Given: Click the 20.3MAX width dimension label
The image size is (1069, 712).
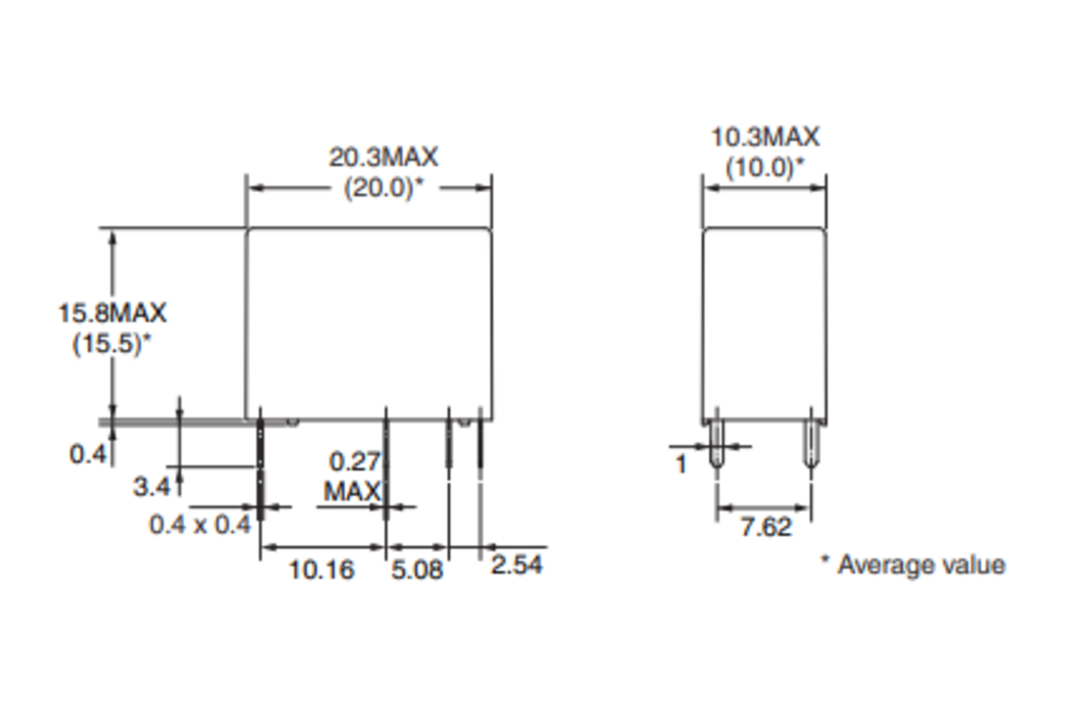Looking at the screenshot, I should (383, 157).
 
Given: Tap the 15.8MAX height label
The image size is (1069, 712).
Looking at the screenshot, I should (112, 313).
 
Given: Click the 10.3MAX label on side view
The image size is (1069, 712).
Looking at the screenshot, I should (765, 137).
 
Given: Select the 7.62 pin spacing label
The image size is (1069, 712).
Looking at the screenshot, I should (766, 527).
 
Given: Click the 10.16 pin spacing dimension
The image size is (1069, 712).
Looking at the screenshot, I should (322, 569).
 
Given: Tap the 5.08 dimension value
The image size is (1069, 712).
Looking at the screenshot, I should (417, 569).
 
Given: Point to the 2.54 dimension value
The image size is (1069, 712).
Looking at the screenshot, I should (516, 565).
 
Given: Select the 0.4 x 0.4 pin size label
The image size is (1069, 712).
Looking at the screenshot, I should (200, 524).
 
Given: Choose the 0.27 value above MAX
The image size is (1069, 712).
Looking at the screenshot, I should (354, 461).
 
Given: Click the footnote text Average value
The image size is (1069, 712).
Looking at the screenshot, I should (921, 565).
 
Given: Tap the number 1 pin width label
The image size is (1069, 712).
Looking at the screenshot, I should (681, 464).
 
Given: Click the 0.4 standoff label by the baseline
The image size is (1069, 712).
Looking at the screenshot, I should (87, 454).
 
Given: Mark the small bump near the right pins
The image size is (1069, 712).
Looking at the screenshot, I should (464, 422).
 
